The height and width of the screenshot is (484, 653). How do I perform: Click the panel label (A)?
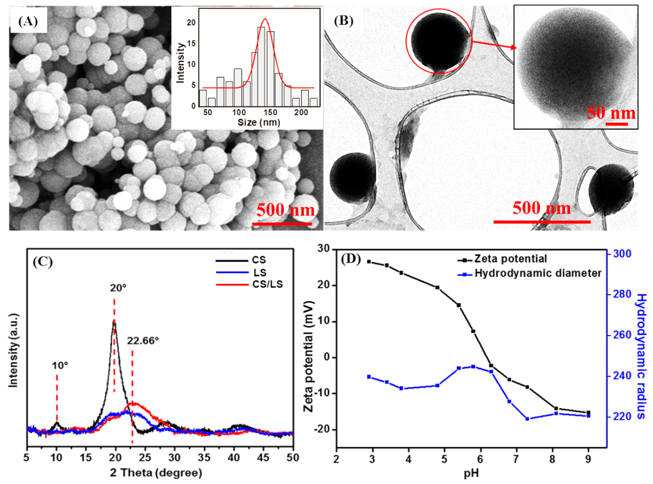point(28,21)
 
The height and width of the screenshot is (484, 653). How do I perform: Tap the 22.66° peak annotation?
point(143,341)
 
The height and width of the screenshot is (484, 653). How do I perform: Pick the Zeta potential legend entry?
point(510,259)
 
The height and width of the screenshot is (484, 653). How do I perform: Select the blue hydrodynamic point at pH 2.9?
point(369,377)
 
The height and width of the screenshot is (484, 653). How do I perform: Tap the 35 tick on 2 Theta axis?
point(204,458)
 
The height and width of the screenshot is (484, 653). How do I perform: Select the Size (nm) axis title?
point(258,122)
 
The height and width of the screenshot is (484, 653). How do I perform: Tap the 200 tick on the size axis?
point(301,113)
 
